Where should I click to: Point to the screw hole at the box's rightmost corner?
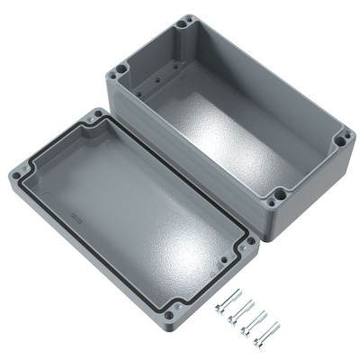[343, 139]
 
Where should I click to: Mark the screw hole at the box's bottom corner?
[280, 192]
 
